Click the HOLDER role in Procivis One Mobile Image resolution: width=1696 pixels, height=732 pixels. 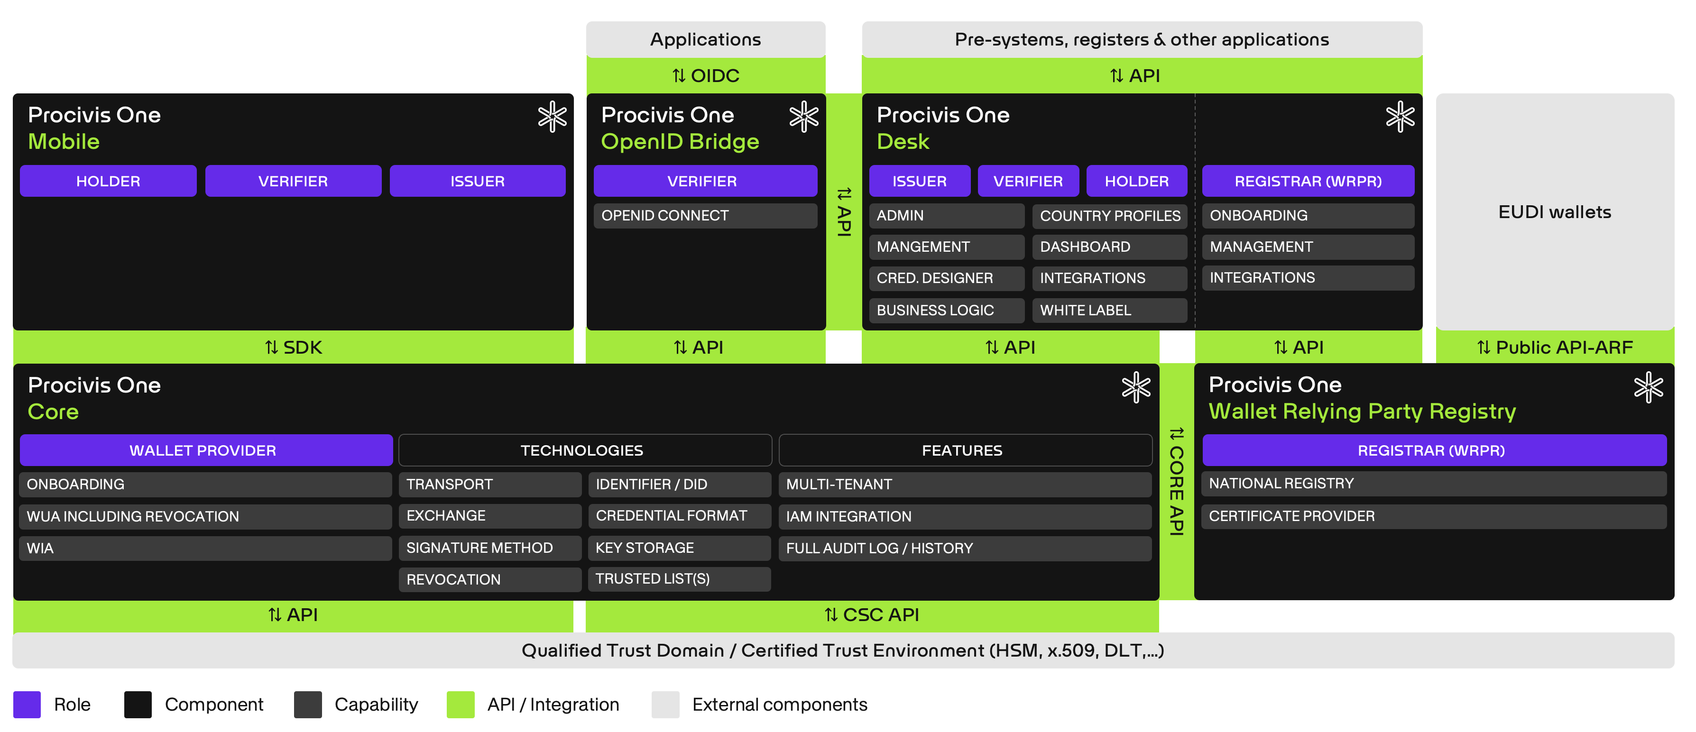click(108, 181)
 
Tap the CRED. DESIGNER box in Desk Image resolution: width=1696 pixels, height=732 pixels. click(946, 278)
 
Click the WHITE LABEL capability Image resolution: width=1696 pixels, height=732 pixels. click(1109, 310)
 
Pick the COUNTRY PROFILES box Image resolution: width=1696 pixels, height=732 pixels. click(1109, 216)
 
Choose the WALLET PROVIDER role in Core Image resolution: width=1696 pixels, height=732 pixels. click(203, 450)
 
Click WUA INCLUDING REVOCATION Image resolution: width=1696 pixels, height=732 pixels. click(205, 517)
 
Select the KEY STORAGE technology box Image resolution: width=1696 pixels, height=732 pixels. click(679, 548)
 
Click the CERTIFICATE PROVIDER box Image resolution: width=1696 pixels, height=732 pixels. click(1433, 517)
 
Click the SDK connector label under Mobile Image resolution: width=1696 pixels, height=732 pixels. click(293, 348)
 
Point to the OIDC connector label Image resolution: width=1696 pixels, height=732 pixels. click(706, 76)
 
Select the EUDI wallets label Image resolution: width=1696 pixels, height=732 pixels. click(1555, 212)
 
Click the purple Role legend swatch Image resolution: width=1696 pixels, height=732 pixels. click(27, 705)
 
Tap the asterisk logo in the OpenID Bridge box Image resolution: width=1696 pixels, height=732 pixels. click(803, 117)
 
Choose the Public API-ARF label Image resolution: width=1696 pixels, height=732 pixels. click(1555, 348)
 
